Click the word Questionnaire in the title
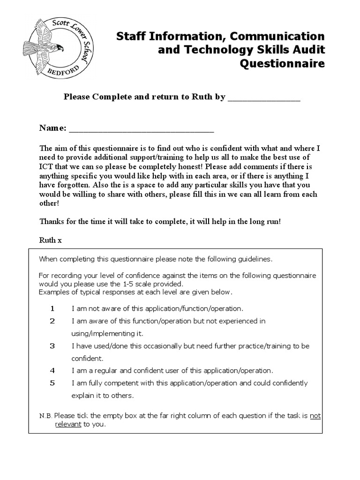coord(282,63)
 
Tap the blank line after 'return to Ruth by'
coord(263,98)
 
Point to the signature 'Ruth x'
coord(50,240)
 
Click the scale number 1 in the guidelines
coord(52,309)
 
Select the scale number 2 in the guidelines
coord(52,321)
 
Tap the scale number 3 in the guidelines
coord(52,346)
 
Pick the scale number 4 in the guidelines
coord(52,370)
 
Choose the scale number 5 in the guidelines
coord(52,383)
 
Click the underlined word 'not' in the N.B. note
coord(315,416)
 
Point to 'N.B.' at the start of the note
coord(46,416)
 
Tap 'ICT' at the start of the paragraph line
coord(46,167)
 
